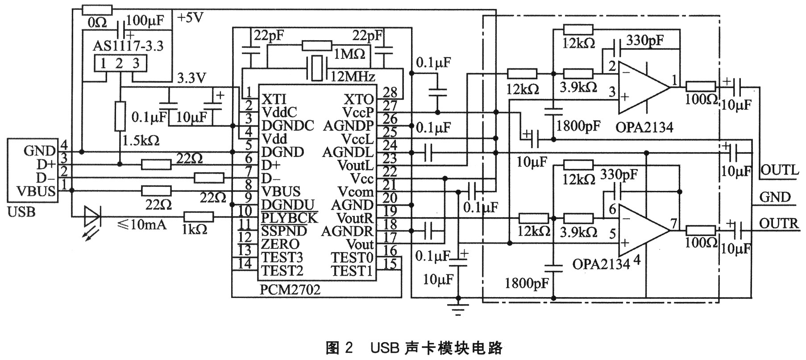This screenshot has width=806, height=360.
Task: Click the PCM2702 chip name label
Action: coord(290,290)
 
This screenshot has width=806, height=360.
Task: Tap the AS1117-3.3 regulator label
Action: coord(128,46)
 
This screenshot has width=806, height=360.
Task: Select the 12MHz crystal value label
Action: coord(353,76)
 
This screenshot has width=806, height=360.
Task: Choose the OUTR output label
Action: coord(779,223)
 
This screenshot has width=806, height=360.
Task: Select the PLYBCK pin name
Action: coord(289,218)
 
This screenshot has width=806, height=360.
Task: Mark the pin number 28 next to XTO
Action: coord(390,92)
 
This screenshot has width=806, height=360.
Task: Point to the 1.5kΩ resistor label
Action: coord(141,141)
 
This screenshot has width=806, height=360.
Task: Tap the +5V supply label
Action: coord(190,18)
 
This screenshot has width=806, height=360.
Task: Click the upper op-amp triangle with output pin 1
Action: coord(643,88)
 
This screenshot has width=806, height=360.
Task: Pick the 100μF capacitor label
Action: coord(145,20)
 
